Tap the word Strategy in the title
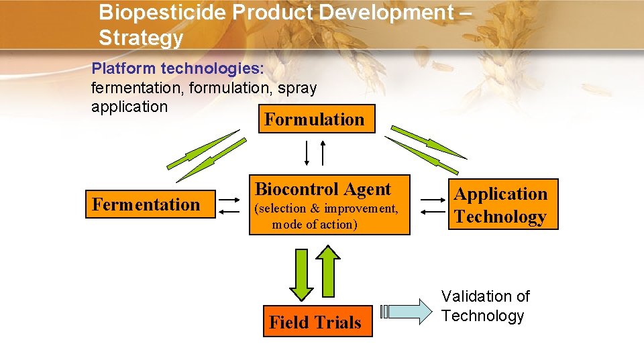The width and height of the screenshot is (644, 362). (x=141, y=38)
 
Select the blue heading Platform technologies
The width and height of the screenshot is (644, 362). (x=178, y=69)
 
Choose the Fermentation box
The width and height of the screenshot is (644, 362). (x=146, y=204)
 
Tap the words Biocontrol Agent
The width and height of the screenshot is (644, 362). (x=323, y=189)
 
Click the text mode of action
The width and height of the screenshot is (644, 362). (x=315, y=225)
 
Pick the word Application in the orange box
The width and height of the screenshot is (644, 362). (x=500, y=194)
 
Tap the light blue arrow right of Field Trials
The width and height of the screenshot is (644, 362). (x=408, y=311)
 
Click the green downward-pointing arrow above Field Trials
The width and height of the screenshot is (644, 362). (x=301, y=273)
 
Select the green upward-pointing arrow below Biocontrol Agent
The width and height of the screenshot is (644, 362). (x=328, y=271)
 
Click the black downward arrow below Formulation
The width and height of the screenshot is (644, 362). (x=307, y=153)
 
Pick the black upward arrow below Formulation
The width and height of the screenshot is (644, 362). (x=323, y=153)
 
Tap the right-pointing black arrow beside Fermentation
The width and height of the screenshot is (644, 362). (x=229, y=199)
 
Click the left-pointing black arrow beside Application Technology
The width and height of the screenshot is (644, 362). (x=430, y=211)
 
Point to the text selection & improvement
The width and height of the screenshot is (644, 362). (x=326, y=208)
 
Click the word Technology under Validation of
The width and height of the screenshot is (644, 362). (x=483, y=316)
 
